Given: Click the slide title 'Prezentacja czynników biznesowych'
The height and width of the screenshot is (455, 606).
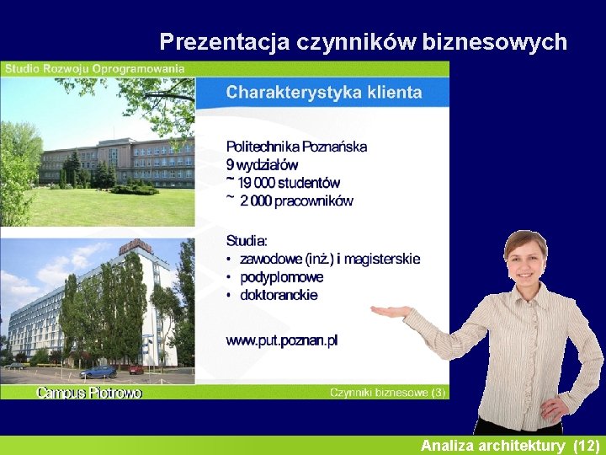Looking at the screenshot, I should click(x=363, y=41).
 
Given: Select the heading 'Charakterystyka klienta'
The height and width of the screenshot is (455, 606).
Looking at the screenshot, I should click(x=323, y=93).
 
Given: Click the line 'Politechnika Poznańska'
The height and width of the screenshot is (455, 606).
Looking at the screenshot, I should click(x=296, y=147).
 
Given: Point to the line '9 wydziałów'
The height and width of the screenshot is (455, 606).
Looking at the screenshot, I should click(x=262, y=164).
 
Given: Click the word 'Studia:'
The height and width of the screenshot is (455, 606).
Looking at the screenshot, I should click(x=247, y=240).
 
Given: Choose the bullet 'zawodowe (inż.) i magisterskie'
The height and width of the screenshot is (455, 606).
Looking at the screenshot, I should click(x=329, y=259).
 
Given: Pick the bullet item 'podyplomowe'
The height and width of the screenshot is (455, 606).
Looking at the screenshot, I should click(x=281, y=277).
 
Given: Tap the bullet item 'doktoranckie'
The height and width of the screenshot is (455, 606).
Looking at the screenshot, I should click(x=279, y=296).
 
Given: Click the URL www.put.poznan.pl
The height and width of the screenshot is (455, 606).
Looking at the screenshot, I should click(x=281, y=340).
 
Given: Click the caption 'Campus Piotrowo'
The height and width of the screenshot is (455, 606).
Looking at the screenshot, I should click(x=89, y=393).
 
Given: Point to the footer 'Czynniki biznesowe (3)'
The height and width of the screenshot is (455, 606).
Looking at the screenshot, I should click(x=387, y=393).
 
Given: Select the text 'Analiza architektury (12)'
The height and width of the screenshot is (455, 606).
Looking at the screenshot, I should click(x=510, y=445).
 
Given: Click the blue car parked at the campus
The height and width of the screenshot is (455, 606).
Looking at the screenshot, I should click(x=98, y=372).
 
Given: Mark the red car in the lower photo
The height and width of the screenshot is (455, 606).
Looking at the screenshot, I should click(x=136, y=369).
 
